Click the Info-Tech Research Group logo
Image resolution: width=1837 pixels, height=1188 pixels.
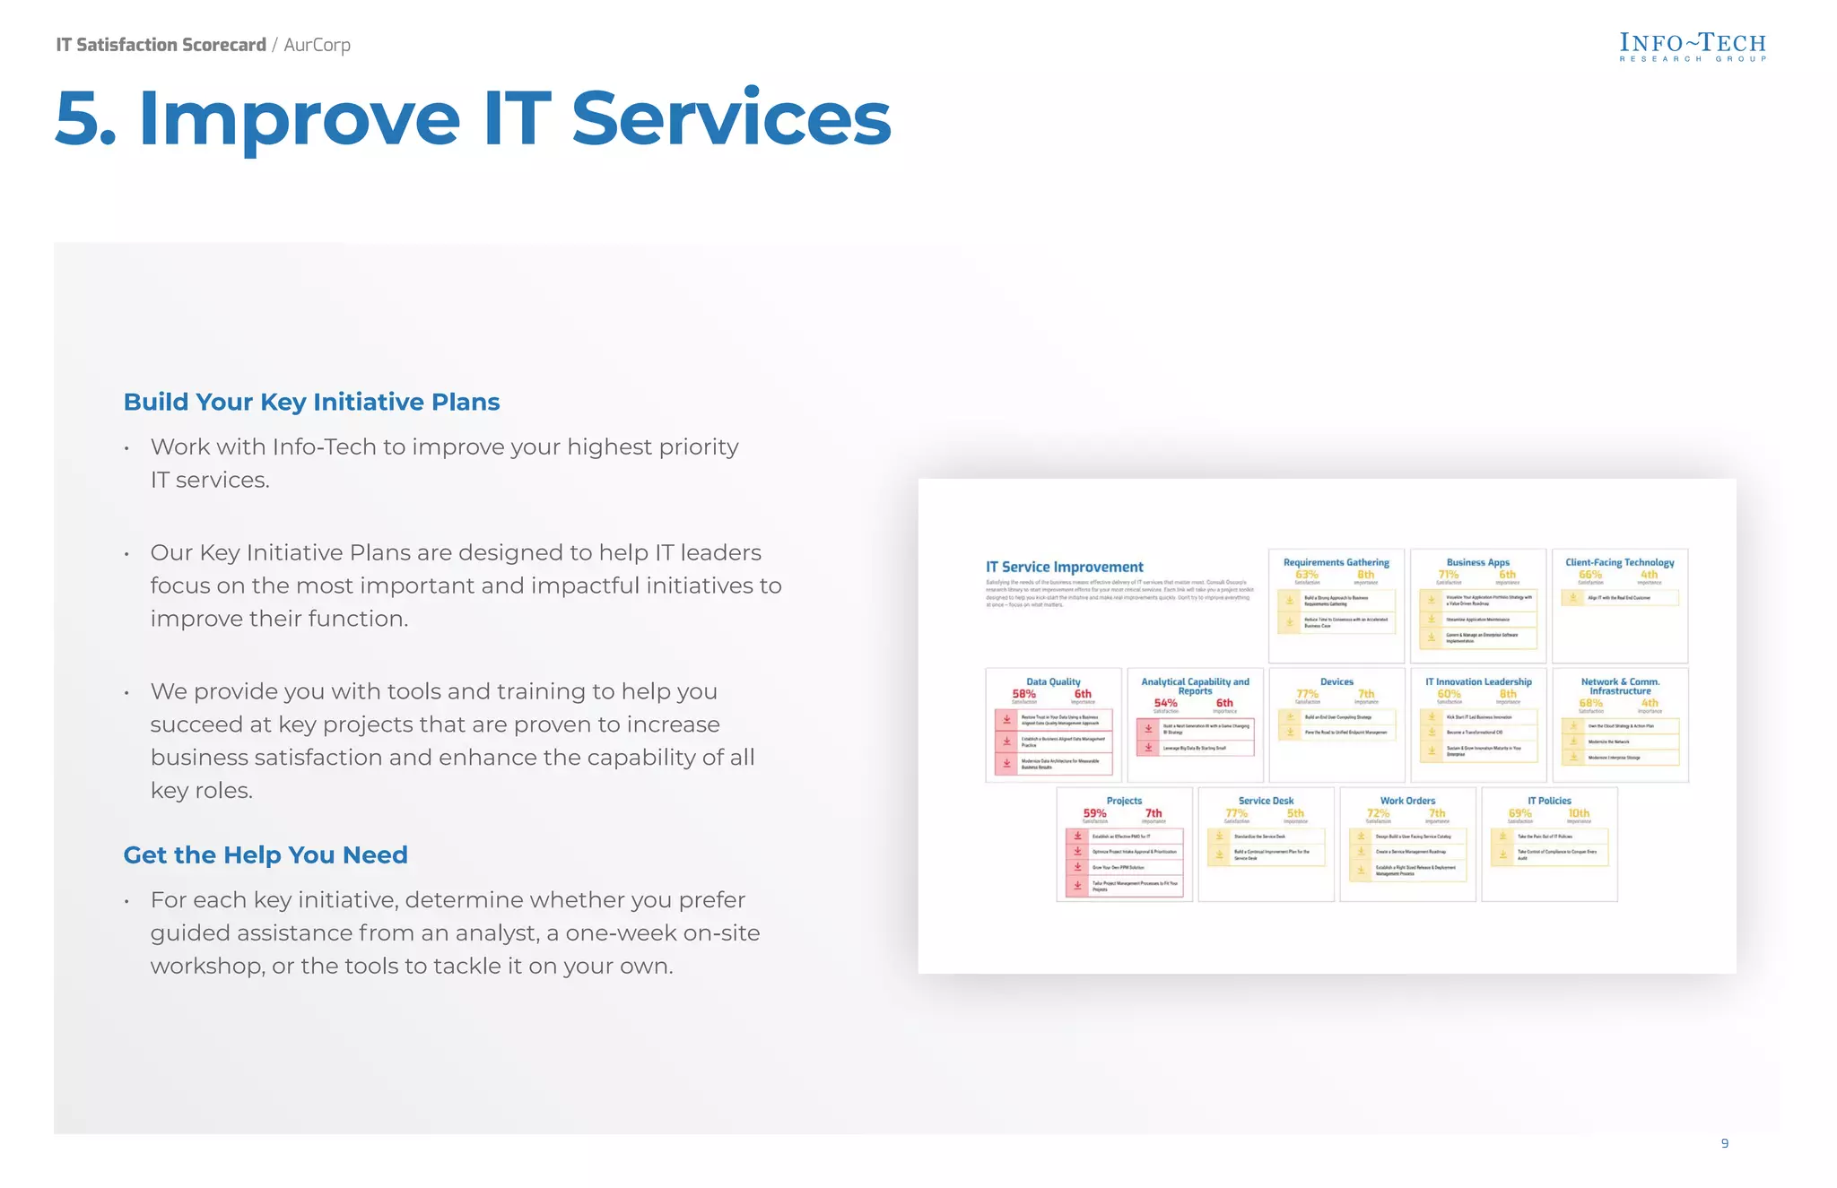[x=1692, y=47]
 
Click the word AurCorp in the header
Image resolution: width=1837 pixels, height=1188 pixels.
[x=317, y=45]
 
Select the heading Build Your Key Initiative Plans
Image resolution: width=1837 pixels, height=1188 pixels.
[x=311, y=402]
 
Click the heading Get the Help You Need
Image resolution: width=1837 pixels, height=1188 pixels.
[x=266, y=854]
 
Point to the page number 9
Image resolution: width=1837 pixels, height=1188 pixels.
[x=1724, y=1143]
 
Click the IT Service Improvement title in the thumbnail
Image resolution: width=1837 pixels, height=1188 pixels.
[x=1064, y=567]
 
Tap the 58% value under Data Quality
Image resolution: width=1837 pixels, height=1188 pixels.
[x=1023, y=694]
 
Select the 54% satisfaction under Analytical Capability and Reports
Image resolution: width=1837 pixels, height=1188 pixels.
[x=1165, y=703]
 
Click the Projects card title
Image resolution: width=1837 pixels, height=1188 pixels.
[x=1124, y=801]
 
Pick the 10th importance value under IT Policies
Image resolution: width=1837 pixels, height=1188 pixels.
[x=1579, y=813]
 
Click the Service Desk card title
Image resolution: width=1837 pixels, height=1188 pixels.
[x=1266, y=801]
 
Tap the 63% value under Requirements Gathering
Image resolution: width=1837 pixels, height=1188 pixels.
[x=1307, y=575]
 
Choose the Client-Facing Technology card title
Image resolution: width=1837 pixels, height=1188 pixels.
[x=1619, y=562]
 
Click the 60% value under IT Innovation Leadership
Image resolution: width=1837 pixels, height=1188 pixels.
[x=1449, y=694]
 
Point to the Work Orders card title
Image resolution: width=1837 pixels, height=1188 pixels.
[x=1407, y=801]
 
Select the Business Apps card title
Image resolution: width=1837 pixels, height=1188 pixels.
[x=1477, y=562]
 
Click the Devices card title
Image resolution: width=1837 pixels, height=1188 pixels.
[x=1336, y=681]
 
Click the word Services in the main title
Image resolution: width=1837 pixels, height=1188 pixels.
[x=731, y=118]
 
